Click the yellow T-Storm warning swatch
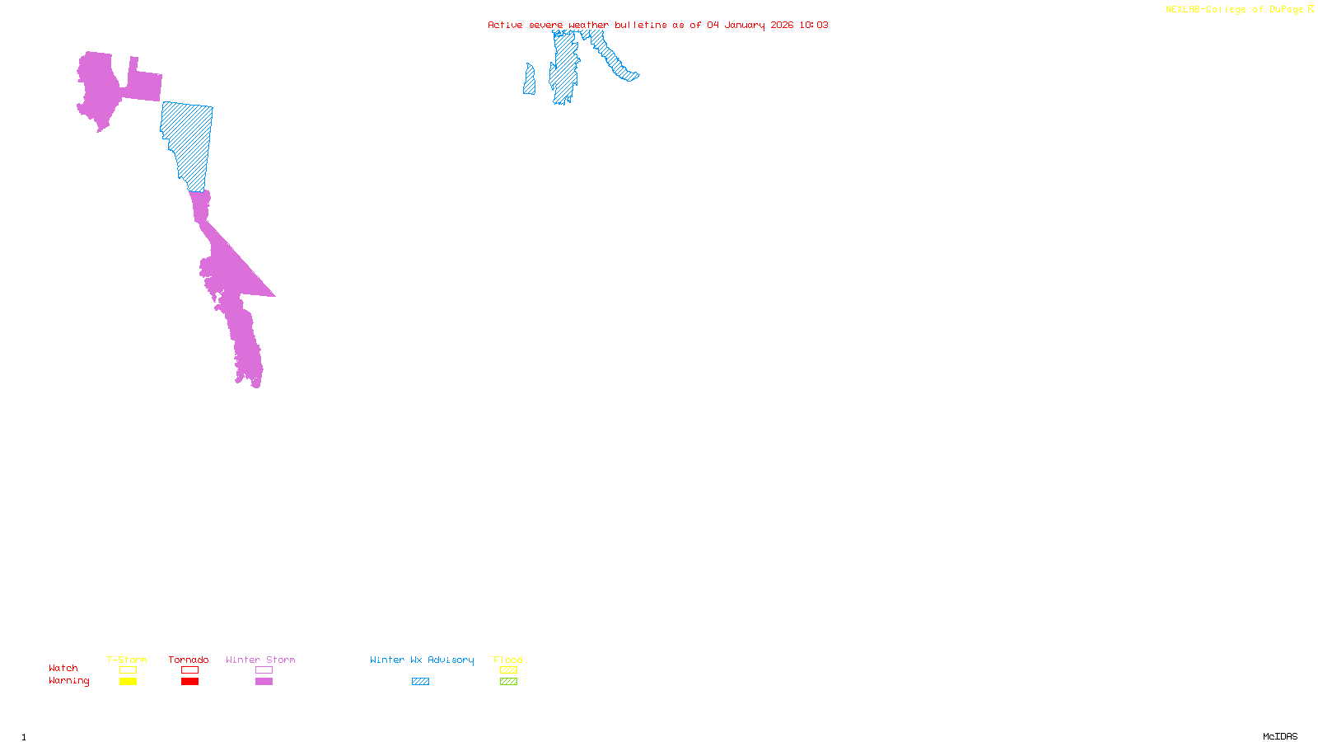point(128,682)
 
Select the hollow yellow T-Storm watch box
point(128,670)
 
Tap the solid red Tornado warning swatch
point(189,682)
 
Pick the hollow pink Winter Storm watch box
point(264,670)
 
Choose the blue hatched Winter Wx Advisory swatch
point(420,682)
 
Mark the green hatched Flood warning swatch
point(508,682)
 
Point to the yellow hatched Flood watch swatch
point(508,670)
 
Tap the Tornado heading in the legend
point(189,660)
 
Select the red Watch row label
point(63,668)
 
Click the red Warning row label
point(69,681)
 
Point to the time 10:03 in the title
point(813,25)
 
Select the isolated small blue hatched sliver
point(529,81)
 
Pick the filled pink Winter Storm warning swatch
point(264,682)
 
